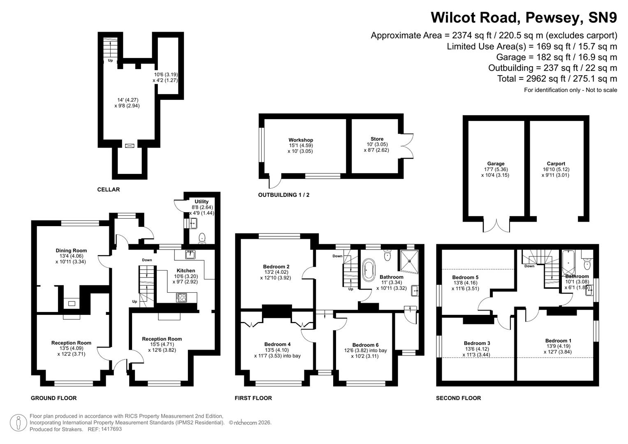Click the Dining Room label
(71, 250)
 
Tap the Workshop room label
(301, 140)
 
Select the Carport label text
(556, 164)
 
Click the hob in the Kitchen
(181, 297)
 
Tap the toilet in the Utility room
(202, 238)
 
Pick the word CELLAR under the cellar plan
(109, 190)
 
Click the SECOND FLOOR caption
(458, 398)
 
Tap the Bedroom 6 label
(365, 345)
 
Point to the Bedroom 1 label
(558, 340)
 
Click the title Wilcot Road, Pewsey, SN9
(524, 18)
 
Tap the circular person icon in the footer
(18, 423)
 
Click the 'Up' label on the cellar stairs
(110, 60)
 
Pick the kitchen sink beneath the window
(190, 254)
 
